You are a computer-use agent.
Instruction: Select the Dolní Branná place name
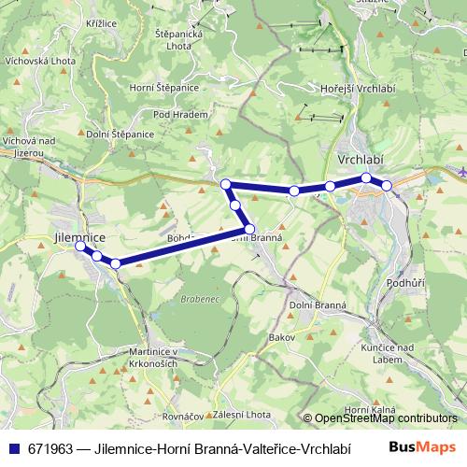pos(317,305)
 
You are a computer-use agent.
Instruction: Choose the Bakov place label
pos(280,335)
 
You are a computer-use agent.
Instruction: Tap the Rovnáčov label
pos(183,416)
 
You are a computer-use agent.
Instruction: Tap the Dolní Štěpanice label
pos(120,134)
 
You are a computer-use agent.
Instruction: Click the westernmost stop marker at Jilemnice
pos(80,248)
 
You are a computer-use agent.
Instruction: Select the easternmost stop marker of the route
pos(387,186)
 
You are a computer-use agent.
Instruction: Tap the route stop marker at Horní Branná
pos(249,229)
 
